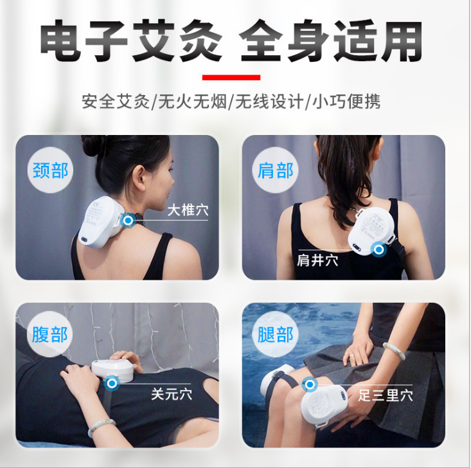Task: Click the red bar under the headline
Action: [x=231, y=77]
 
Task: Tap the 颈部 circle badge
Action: [x=50, y=170]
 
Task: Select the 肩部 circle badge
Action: [x=275, y=170]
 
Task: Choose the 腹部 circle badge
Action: [x=49, y=334]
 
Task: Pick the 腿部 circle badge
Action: [x=275, y=334]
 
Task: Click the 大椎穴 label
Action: [x=188, y=210]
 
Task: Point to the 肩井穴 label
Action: [x=317, y=260]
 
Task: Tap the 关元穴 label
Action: [x=172, y=394]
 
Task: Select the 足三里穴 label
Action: [x=386, y=395]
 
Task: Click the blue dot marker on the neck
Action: [x=128, y=221]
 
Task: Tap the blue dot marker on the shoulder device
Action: [x=378, y=249]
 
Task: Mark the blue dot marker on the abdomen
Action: [x=112, y=383]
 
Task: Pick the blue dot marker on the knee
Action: [x=310, y=384]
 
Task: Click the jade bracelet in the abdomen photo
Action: [x=101, y=427]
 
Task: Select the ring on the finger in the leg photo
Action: [x=351, y=356]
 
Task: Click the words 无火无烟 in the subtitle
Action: [x=192, y=102]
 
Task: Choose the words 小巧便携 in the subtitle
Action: [x=346, y=102]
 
